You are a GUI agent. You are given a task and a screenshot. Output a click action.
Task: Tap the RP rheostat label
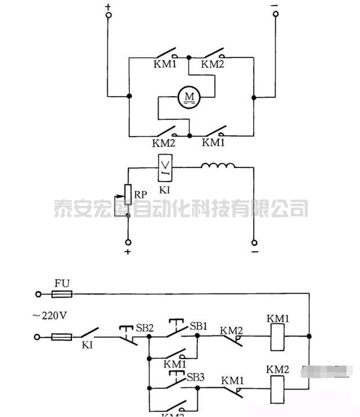141,195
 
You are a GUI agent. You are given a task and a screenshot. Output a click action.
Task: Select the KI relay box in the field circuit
165,166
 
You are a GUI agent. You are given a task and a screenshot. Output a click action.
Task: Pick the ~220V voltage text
49,315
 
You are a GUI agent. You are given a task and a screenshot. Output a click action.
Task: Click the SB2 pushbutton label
145,327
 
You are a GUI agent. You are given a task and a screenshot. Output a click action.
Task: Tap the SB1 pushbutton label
197,326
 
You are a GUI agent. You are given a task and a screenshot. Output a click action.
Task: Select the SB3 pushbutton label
195,377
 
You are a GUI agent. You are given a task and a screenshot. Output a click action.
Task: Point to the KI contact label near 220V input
87,345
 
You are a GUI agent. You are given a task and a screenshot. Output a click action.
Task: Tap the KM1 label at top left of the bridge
165,64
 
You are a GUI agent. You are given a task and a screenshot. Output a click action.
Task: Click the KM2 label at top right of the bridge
213,64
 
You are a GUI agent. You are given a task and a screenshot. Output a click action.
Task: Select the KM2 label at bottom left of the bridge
164,143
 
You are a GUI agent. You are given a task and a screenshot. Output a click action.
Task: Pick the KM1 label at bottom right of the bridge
213,143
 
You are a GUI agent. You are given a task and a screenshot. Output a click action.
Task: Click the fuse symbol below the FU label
62,294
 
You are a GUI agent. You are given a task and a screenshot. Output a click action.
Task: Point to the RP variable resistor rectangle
128,194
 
